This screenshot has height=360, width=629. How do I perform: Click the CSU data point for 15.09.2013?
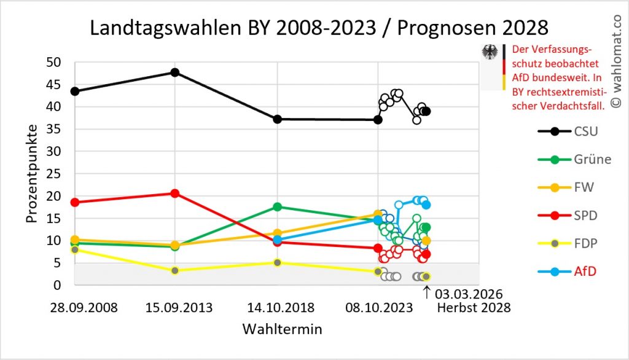pyautogui.click(x=175, y=72)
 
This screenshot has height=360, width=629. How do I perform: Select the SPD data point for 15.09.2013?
pyautogui.click(x=175, y=193)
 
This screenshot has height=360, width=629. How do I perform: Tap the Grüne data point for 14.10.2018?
pyautogui.click(x=277, y=206)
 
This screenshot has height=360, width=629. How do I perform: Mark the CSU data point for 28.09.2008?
pyautogui.click(x=75, y=91)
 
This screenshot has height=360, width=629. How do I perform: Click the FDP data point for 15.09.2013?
pyautogui.click(x=175, y=270)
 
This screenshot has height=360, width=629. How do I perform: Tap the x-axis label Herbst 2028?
pyautogui.click(x=474, y=308)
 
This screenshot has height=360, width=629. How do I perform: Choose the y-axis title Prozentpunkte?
pyautogui.click(x=32, y=173)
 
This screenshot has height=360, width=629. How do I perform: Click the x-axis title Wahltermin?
pyautogui.click(x=282, y=329)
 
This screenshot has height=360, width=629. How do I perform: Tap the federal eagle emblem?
pyautogui.click(x=490, y=52)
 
